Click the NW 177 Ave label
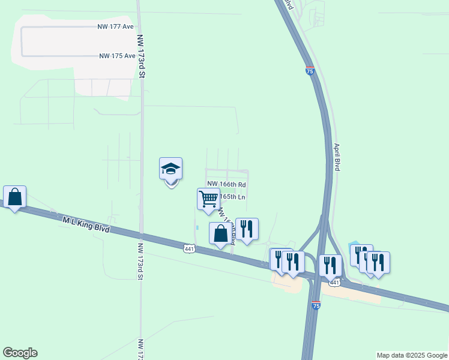point(116,27)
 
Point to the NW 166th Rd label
point(227,184)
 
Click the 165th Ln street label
point(233,196)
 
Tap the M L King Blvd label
point(86,225)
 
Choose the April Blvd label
point(337,157)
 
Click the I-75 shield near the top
point(310,70)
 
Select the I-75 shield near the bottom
point(316,305)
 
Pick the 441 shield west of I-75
point(189,248)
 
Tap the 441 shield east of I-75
point(335,282)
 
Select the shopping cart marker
point(208,199)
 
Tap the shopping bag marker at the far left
point(14,196)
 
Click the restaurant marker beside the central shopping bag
point(247,228)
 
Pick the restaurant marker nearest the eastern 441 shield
point(330,265)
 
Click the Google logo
point(20,353)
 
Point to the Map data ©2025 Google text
point(412,355)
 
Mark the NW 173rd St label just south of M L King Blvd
point(140,262)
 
